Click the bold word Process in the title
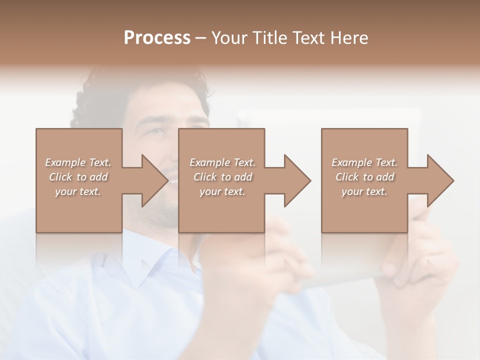point(157,38)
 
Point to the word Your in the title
point(229,38)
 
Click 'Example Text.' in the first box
point(78,162)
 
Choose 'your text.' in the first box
point(78,191)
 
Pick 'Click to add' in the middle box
point(222,177)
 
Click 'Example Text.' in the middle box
point(222,162)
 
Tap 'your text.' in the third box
point(364,191)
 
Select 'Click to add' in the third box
point(364,177)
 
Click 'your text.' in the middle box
point(222,191)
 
